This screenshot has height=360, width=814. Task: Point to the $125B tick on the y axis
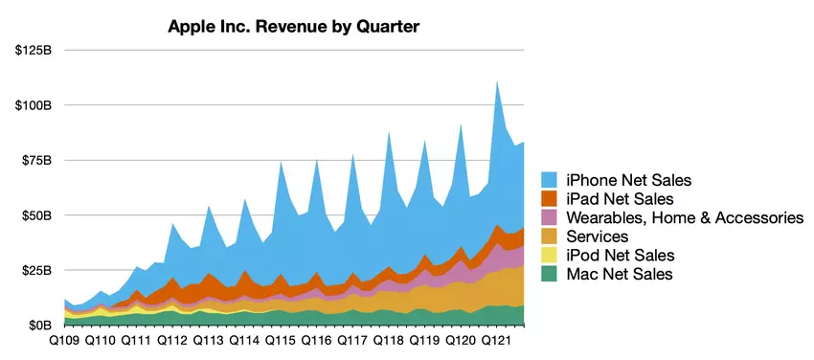(34, 49)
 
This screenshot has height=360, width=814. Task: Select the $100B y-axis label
(34, 104)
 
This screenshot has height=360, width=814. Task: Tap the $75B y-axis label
(38, 160)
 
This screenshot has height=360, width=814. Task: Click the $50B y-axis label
(38, 215)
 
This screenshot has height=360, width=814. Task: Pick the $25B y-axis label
(38, 271)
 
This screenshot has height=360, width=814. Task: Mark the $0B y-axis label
(41, 326)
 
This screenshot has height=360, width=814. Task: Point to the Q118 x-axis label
(389, 341)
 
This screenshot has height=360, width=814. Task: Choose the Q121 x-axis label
(498, 341)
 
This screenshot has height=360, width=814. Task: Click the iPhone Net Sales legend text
(627, 180)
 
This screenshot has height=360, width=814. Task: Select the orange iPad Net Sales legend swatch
(550, 199)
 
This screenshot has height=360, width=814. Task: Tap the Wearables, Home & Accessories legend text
(684, 218)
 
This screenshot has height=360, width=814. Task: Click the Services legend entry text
(597, 236)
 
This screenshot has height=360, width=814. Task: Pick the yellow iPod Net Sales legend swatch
(550, 256)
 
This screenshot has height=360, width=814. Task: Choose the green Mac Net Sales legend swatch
(550, 275)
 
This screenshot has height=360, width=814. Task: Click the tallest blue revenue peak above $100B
(497, 83)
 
